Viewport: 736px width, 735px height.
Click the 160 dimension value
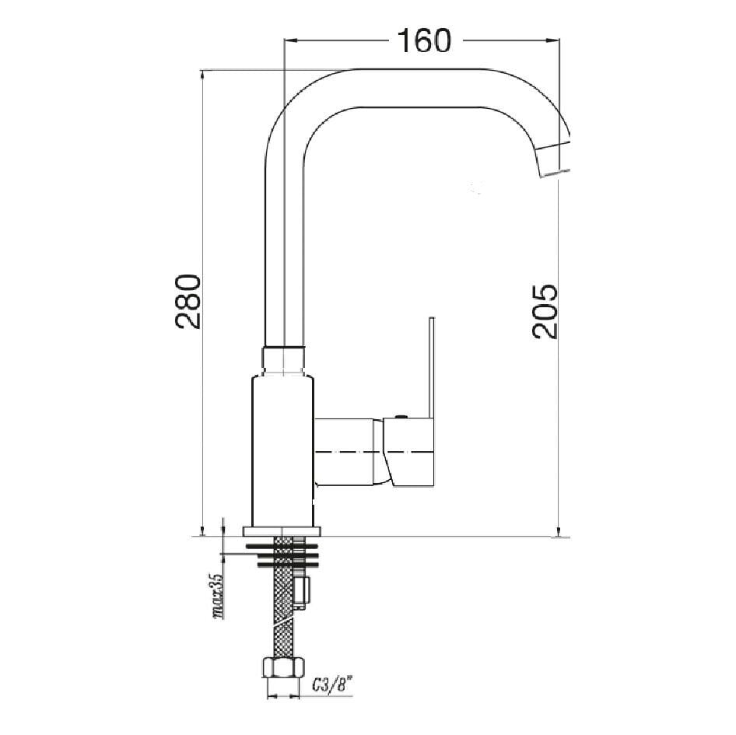424,40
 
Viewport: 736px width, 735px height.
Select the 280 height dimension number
189,301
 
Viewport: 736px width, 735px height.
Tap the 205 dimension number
545,311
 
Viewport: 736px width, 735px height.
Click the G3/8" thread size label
332,685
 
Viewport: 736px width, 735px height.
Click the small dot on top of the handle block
401,418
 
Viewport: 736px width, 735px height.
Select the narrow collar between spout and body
283,360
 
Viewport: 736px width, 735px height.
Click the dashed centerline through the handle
373,452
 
